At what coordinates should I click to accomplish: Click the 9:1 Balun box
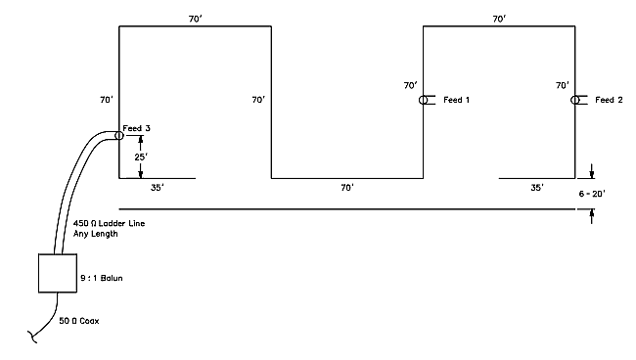click(x=58, y=254)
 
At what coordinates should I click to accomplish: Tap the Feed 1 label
click(x=456, y=100)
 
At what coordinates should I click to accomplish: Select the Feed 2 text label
click(x=609, y=100)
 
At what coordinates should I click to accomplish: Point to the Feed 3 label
click(x=136, y=128)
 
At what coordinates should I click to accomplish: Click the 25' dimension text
click(x=142, y=157)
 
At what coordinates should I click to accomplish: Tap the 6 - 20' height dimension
click(x=592, y=194)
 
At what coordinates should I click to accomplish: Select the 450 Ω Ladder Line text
click(x=110, y=223)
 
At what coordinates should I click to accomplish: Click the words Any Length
click(x=96, y=234)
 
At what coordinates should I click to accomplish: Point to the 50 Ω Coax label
click(x=79, y=321)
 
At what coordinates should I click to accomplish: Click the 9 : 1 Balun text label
click(x=102, y=278)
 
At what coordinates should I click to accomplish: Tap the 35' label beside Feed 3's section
click(x=158, y=188)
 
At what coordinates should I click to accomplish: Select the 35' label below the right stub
click(x=537, y=188)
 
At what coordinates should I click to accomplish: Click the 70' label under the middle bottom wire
click(x=347, y=188)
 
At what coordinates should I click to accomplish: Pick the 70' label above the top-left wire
click(x=196, y=19)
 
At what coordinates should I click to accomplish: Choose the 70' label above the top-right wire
click(x=499, y=19)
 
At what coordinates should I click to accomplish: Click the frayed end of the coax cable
click(x=31, y=337)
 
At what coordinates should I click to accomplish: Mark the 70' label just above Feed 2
click(x=563, y=85)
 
